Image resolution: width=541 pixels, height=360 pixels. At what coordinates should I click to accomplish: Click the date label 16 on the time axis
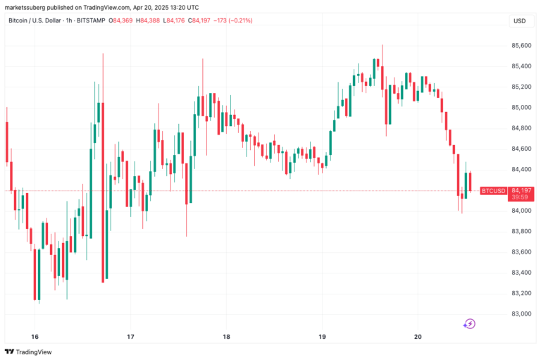tap(35, 336)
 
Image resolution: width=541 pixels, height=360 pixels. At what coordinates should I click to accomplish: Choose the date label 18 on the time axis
tap(226, 336)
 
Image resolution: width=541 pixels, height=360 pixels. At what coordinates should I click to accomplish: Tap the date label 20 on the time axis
tap(417, 336)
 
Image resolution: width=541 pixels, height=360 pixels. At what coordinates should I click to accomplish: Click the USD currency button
tap(520, 21)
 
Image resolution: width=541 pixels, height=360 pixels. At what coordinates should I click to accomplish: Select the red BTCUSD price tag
tap(493, 191)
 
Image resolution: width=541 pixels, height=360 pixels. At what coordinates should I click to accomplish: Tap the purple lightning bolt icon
tap(469, 324)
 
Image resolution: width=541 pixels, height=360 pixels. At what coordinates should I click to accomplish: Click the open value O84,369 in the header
tap(123, 20)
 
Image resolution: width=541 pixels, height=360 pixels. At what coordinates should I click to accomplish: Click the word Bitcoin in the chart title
tap(19, 20)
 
